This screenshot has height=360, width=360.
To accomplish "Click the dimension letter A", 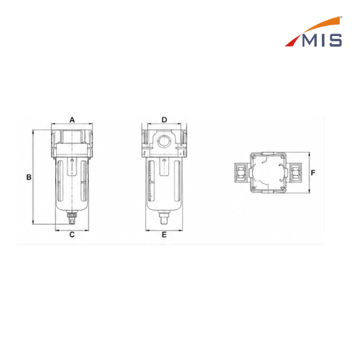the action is (72, 120).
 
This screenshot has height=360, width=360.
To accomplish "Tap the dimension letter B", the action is (29, 177).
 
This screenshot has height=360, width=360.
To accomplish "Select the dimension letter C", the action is (72, 235).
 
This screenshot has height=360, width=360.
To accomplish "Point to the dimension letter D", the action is (164, 120).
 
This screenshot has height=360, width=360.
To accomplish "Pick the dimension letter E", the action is (164, 235).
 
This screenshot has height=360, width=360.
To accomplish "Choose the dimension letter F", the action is (313, 173).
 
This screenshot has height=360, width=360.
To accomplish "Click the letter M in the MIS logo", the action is (311, 41).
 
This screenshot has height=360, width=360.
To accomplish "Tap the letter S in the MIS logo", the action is (335, 41).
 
